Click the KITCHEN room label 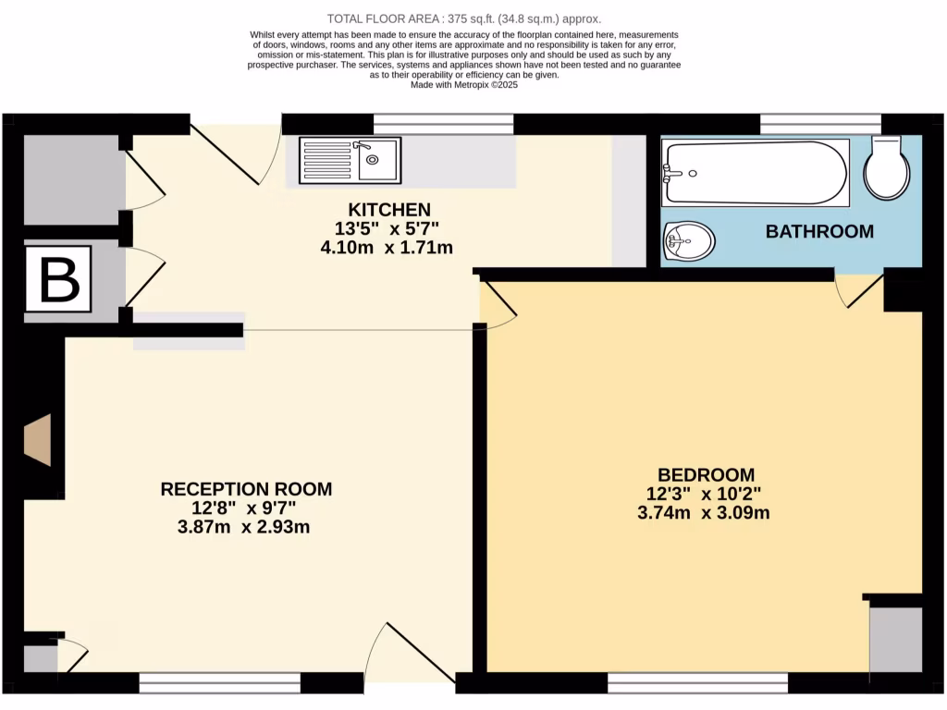click(388, 209)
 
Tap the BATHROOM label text click(819, 231)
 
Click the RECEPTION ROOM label click(246, 489)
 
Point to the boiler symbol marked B click(58, 278)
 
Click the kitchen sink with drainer click(350, 160)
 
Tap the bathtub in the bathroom click(755, 173)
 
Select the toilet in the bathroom click(888, 168)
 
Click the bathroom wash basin click(689, 242)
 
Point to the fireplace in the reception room click(38, 440)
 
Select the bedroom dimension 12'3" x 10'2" click(705, 494)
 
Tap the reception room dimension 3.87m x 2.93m click(243, 528)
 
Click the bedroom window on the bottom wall click(697, 683)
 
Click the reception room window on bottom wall click(220, 683)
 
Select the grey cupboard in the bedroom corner click(895, 640)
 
